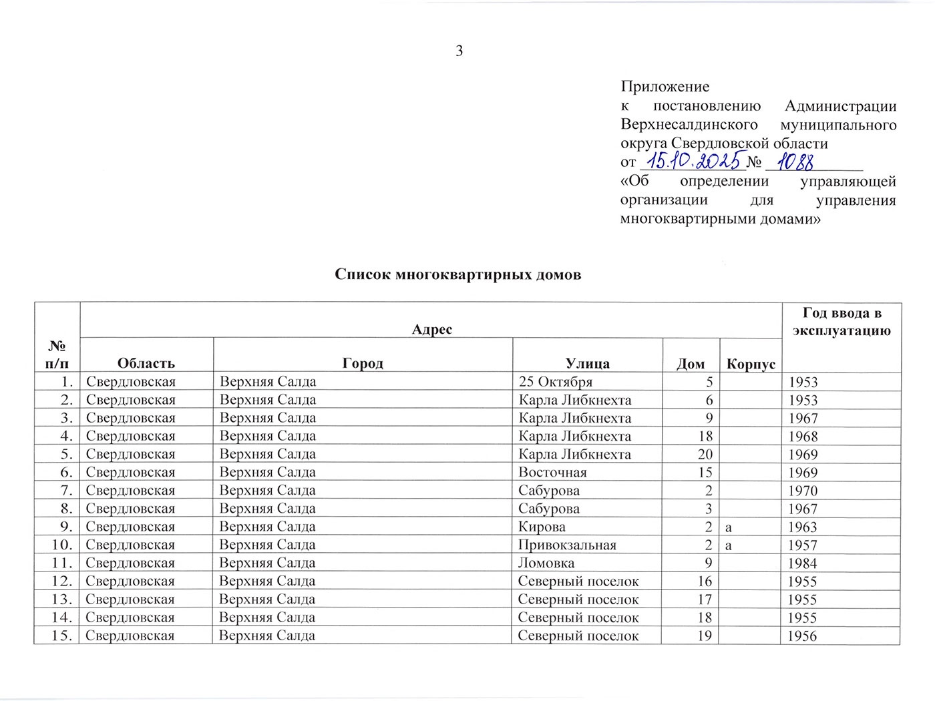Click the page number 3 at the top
(x=459, y=51)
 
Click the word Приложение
(x=665, y=86)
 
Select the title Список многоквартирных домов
(x=457, y=274)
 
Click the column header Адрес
(x=431, y=329)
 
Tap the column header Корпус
(x=751, y=364)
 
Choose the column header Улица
(x=587, y=364)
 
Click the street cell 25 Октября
(x=555, y=382)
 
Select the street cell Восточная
(x=552, y=472)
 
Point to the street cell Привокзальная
(x=567, y=545)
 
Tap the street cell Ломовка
(x=546, y=563)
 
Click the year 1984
(x=802, y=563)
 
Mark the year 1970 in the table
(x=802, y=491)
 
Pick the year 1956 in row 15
(x=802, y=636)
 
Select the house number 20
(x=705, y=455)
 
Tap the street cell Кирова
(x=542, y=527)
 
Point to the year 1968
(x=802, y=437)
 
